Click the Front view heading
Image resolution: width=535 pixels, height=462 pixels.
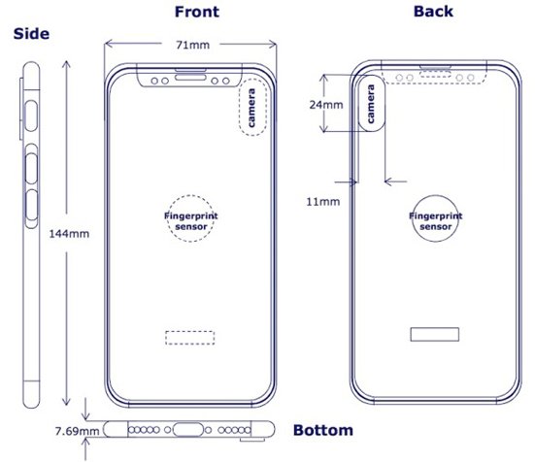[x=197, y=12]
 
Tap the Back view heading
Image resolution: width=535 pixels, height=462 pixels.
[x=433, y=12]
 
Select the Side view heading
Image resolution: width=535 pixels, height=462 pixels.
[x=31, y=34]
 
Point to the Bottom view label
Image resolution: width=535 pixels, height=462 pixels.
[x=323, y=430]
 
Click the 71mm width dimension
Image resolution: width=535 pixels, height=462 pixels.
[x=193, y=45]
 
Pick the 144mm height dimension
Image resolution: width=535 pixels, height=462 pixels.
[x=69, y=234]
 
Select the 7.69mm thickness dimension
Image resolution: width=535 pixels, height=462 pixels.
[x=77, y=431]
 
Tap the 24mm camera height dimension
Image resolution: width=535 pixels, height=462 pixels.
[x=326, y=105]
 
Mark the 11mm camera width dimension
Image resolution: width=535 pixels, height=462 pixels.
[x=323, y=202]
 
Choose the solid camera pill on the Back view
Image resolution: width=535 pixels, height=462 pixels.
[x=359, y=103]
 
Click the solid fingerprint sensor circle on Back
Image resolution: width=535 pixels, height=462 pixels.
[x=435, y=195]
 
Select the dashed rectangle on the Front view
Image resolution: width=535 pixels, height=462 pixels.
[x=190, y=331]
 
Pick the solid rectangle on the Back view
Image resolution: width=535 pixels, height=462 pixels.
[x=435, y=328]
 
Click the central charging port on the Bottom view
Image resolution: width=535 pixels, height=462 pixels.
[x=188, y=430]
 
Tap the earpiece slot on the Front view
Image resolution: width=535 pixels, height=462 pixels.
[x=190, y=78]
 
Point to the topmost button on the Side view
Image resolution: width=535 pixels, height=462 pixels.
[x=31, y=115]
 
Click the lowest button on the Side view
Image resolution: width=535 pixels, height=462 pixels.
[x=31, y=205]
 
